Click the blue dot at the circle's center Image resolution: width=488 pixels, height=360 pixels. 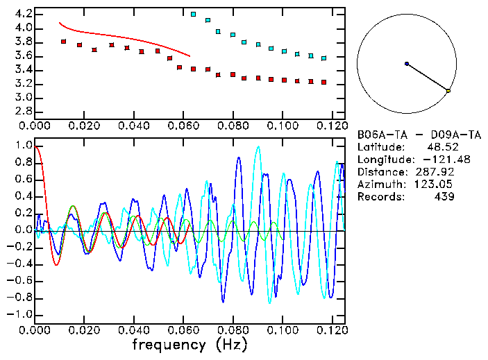tap(407, 64)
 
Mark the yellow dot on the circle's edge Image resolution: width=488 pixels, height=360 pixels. tap(448, 91)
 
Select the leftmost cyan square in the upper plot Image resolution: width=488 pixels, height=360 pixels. tap(193, 14)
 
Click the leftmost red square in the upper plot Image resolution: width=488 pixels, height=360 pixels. tap(63, 42)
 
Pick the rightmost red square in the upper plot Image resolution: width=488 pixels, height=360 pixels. tap(323, 83)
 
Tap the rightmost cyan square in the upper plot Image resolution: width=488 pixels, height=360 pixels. tap(323, 58)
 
